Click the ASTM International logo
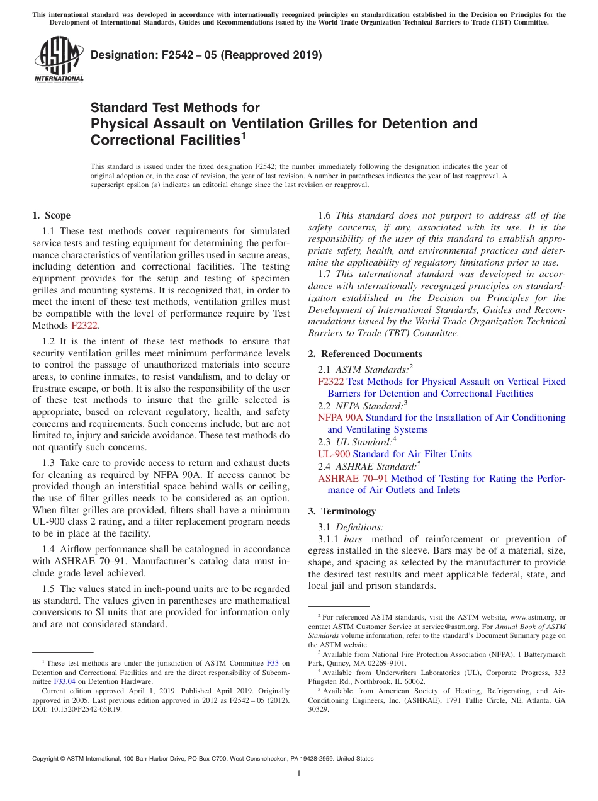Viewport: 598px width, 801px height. [59, 60]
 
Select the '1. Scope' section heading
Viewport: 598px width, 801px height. [51, 215]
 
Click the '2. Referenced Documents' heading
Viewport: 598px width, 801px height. [365, 354]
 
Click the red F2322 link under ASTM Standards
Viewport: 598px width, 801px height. [330, 382]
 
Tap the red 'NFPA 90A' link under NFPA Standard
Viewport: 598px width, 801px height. [340, 418]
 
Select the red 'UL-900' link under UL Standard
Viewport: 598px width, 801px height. [334, 454]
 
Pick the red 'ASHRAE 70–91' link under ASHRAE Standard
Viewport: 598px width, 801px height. [353, 479]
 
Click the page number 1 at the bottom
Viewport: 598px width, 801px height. [299, 774]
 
